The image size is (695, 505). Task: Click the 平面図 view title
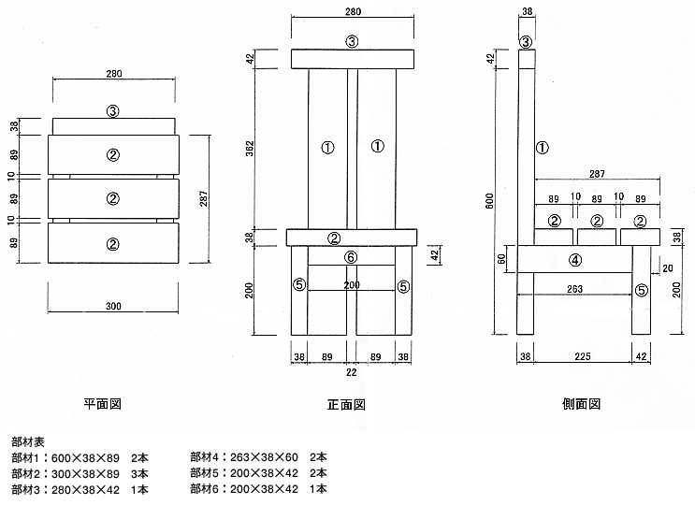(x=103, y=405)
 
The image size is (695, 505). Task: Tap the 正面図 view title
(x=345, y=405)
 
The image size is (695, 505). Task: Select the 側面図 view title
(x=582, y=404)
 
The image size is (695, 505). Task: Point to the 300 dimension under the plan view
(x=112, y=305)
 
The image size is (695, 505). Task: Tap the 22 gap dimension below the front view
(x=351, y=372)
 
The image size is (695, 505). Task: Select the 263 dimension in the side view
(x=575, y=289)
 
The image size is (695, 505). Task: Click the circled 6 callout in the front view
(x=350, y=257)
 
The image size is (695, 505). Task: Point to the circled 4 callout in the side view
(x=575, y=260)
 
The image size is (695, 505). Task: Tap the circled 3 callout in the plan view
(x=112, y=111)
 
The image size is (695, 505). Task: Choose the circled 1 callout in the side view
(x=542, y=147)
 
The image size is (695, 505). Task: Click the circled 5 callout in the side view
(x=641, y=290)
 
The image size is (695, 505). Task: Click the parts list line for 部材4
(x=258, y=457)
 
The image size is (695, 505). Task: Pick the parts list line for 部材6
(x=258, y=488)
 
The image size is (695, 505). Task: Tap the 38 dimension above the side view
(x=526, y=12)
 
